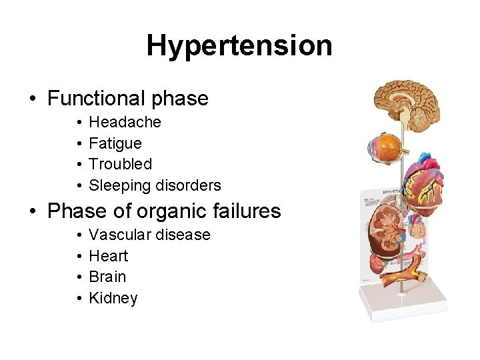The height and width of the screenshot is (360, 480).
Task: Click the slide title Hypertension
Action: (239, 46)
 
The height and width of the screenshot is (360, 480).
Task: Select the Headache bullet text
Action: (125, 122)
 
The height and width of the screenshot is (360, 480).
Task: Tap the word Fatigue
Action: (115, 143)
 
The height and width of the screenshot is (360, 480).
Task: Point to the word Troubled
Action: (120, 164)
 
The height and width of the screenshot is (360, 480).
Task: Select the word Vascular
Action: (117, 235)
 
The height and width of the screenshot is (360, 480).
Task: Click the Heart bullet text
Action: (108, 256)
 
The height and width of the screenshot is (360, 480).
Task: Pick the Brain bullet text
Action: (107, 277)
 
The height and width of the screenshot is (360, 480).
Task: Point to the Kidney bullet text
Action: (113, 298)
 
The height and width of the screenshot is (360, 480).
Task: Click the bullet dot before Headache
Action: (79, 123)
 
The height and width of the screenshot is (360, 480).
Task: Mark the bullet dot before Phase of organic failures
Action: (33, 212)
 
